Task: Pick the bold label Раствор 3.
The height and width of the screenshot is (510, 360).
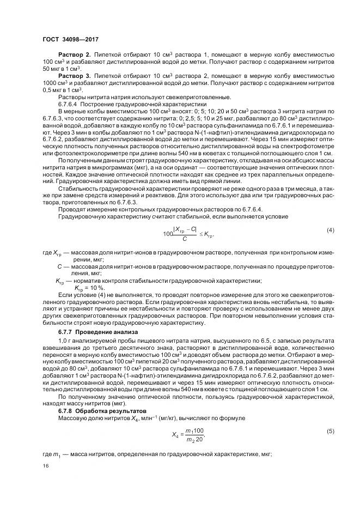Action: pos(74,77)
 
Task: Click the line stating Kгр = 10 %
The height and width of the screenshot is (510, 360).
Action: pos(88,288)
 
